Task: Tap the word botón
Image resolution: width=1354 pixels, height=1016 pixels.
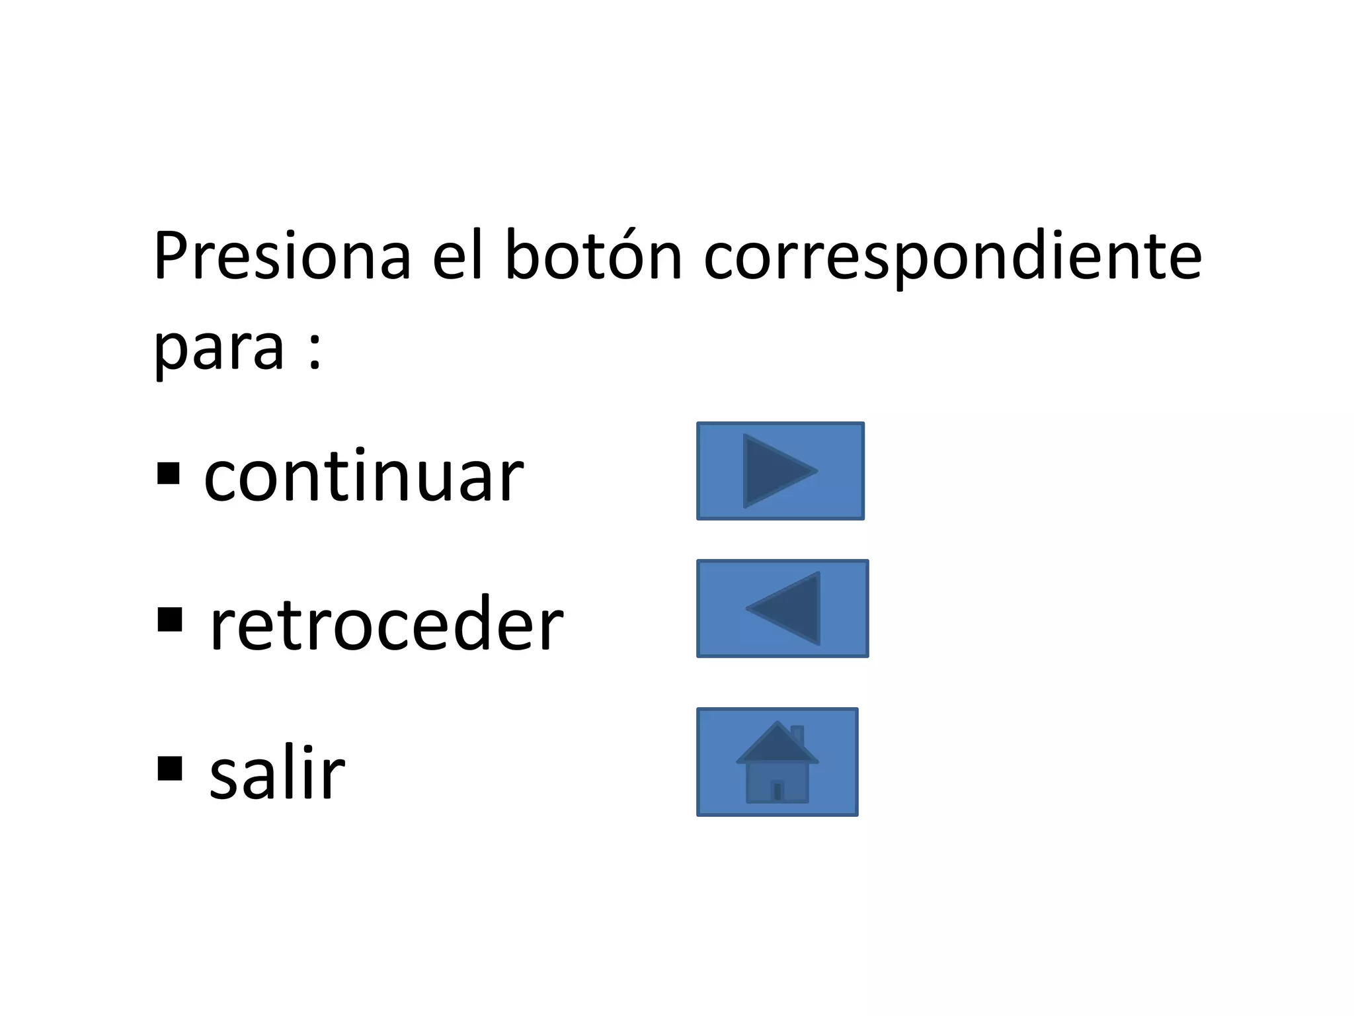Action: (593, 257)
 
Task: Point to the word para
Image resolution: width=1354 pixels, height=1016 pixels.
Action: (219, 349)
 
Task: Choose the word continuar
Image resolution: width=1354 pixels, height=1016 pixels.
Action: (364, 476)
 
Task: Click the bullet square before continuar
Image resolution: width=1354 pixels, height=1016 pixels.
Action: (169, 474)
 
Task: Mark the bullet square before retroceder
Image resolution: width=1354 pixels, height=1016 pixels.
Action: (170, 620)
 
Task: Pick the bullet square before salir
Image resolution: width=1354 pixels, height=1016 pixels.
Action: (170, 769)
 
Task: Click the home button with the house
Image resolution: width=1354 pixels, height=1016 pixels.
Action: (777, 762)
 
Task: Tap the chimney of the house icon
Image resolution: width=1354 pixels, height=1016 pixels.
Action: (797, 734)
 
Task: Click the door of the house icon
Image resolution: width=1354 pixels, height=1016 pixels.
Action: (777, 790)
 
